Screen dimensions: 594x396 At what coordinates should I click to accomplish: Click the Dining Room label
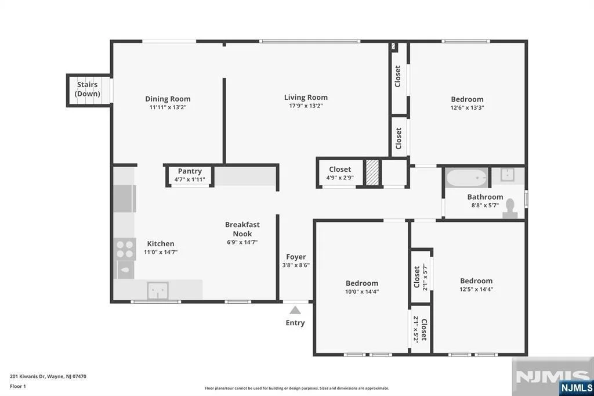(x=168, y=99)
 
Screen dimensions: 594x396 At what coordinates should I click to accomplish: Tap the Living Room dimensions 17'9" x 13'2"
(x=306, y=106)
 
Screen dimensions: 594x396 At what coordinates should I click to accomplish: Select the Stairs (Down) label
(x=88, y=89)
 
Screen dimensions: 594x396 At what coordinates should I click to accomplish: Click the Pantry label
(x=190, y=171)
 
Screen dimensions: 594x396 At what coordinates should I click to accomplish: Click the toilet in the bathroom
(x=510, y=208)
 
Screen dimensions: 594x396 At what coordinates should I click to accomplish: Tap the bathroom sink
(x=507, y=175)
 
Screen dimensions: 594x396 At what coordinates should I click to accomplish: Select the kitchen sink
(x=158, y=291)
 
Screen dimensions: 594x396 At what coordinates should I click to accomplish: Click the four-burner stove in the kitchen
(x=125, y=249)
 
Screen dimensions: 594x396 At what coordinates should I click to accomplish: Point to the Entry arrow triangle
(x=295, y=310)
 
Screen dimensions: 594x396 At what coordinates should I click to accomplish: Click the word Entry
(x=295, y=323)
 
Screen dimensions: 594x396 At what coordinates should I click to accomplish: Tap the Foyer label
(x=296, y=257)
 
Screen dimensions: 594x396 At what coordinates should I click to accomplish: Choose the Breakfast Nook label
(x=242, y=229)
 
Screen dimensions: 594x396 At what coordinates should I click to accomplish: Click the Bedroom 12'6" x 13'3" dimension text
(x=467, y=107)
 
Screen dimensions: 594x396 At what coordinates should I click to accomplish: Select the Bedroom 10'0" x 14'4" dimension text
(x=362, y=291)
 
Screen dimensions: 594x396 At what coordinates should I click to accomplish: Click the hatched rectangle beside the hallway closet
(x=372, y=172)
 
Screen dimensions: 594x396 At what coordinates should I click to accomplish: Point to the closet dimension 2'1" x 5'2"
(x=416, y=329)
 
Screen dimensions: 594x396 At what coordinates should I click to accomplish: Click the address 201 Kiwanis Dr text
(x=28, y=377)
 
